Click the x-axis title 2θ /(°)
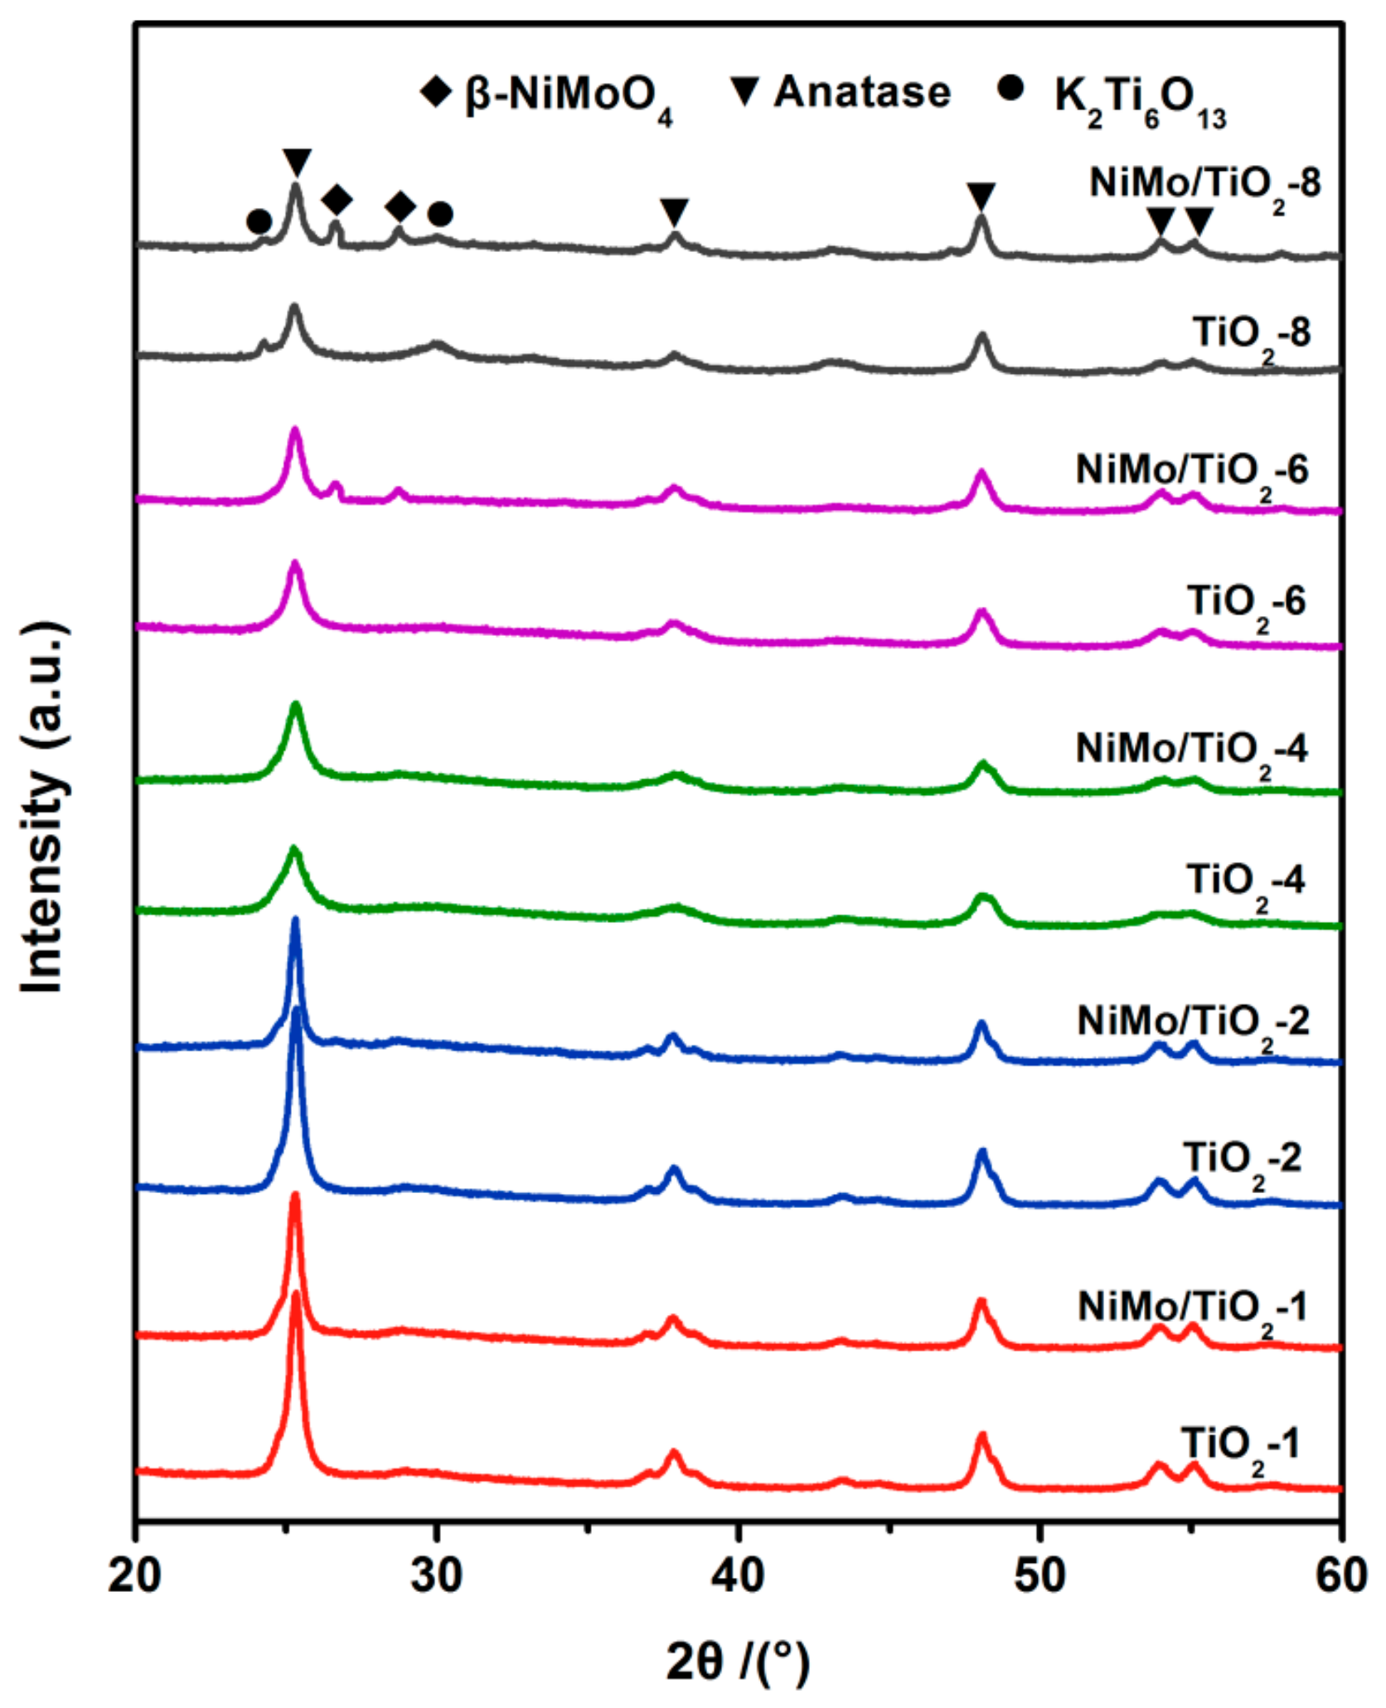737,1662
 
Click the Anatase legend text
862,91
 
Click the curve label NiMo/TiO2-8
1204,187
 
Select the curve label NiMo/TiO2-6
1192,473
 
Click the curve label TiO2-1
1240,1448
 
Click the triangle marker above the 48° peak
981,197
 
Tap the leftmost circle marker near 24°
259,221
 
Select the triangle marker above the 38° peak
675,211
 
